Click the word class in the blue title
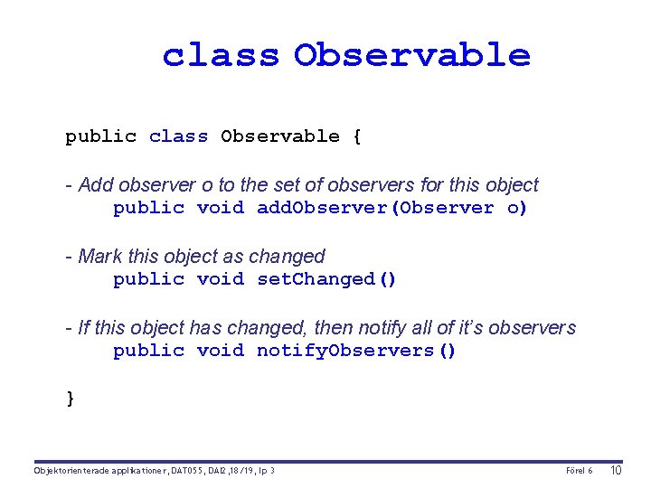point(221,55)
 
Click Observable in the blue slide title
point(411,55)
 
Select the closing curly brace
point(71,399)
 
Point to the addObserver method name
point(326,208)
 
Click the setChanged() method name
point(326,279)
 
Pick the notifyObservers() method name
point(356,351)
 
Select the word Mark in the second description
point(99,257)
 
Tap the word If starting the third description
point(84,328)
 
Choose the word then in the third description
point(347,328)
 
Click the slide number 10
point(617,471)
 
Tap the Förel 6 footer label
point(579,471)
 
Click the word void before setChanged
point(221,279)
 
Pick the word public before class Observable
point(100,137)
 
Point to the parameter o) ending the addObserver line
point(517,208)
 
